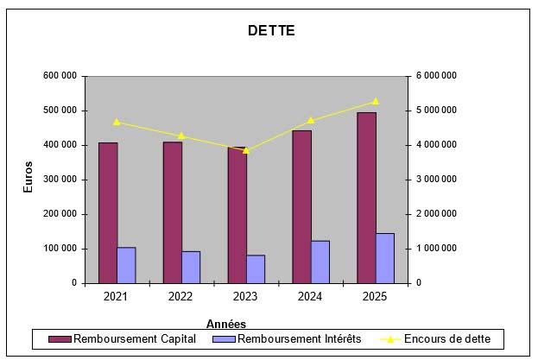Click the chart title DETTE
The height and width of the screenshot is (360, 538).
(271, 31)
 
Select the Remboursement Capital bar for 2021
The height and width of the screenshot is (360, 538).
(108, 212)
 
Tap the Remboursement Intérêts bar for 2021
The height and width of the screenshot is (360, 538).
(126, 265)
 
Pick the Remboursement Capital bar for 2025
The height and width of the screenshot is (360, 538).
(366, 198)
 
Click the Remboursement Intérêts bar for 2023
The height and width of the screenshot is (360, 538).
(256, 268)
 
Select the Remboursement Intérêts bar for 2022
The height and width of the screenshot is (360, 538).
(191, 267)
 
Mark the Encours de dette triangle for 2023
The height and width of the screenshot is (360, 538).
(246, 150)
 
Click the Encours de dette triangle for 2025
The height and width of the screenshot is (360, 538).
(376, 101)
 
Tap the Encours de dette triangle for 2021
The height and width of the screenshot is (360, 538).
(117, 122)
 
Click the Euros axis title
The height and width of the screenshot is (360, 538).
(28, 177)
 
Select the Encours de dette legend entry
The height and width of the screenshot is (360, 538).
(444, 339)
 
